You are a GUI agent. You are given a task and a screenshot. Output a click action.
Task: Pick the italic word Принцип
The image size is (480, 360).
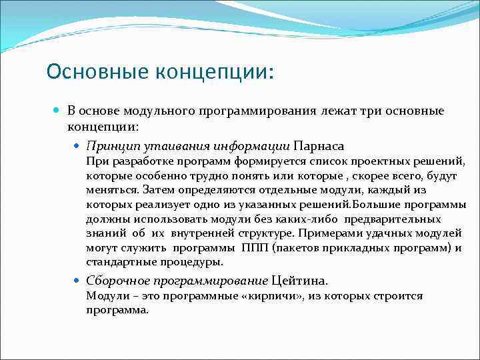click(x=109, y=145)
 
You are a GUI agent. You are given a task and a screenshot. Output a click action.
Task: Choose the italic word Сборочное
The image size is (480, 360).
click(x=115, y=281)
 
